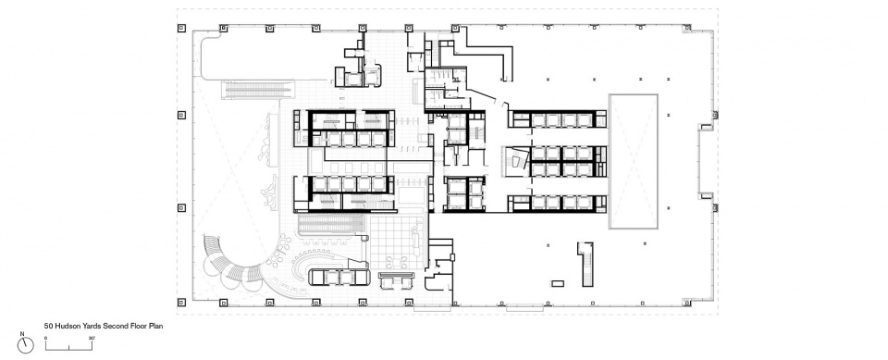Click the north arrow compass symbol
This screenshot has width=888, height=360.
coord(26,345)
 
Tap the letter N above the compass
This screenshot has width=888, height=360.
coord(22,334)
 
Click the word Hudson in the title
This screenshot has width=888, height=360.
coord(65,327)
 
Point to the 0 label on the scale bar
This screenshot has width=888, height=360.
coord(46,339)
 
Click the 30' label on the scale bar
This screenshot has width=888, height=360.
coord(92,339)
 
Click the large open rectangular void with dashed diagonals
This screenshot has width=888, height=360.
coord(633,162)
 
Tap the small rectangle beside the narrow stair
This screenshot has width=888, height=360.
coord(558,283)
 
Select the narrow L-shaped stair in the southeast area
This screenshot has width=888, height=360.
coord(586,264)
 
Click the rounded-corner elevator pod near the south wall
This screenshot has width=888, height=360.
coord(339,277)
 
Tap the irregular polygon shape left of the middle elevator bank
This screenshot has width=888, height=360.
coord(517,162)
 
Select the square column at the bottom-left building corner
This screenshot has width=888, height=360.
coord(181,302)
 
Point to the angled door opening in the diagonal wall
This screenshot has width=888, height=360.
coord(499,103)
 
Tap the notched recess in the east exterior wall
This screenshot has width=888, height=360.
coord(706,161)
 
